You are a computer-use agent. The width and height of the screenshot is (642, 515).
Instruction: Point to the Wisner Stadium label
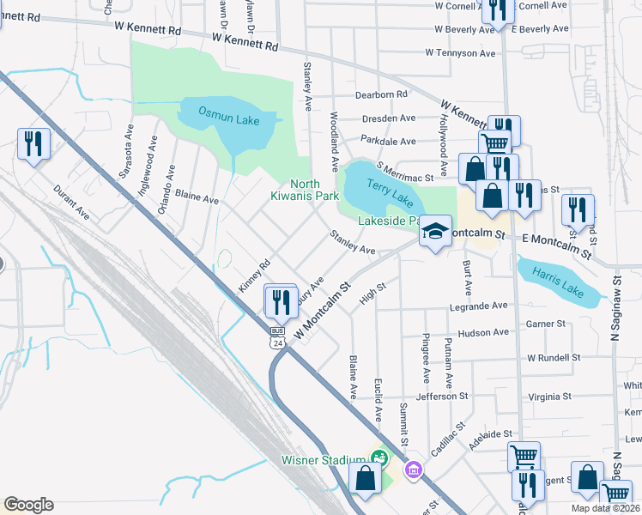click(x=324, y=460)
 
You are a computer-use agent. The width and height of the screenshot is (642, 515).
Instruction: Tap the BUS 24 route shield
click(x=277, y=337)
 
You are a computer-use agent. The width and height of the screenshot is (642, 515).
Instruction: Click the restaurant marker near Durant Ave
click(x=33, y=143)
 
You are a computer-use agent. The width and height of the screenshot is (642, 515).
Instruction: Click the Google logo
click(x=27, y=504)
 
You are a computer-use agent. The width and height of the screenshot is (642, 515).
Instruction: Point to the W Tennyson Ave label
click(x=460, y=53)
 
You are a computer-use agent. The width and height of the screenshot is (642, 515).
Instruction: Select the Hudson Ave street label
click(x=483, y=333)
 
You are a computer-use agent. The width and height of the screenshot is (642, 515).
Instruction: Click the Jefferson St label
click(x=441, y=397)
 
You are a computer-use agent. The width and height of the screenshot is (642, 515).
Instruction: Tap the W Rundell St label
click(x=554, y=357)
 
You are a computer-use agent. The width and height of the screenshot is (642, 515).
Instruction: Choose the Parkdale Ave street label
click(x=388, y=141)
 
